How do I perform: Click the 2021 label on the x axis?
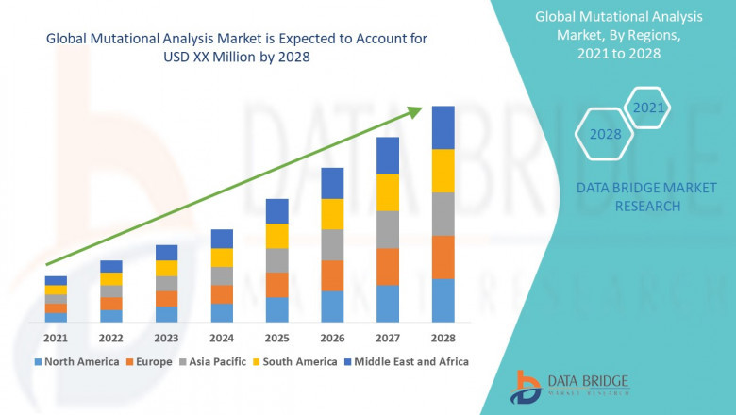click(x=56, y=338)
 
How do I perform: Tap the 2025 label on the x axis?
click(x=276, y=338)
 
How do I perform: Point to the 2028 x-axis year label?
click(x=443, y=338)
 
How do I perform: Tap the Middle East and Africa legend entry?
click(x=411, y=361)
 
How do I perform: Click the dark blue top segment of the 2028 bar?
click(x=443, y=127)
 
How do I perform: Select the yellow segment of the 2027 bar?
click(x=387, y=192)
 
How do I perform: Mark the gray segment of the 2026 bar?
click(x=332, y=244)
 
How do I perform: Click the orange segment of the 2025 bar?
click(x=276, y=285)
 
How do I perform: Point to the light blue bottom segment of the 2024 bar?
click(x=222, y=312)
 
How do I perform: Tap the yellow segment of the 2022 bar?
click(x=111, y=278)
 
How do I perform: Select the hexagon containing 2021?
click(x=648, y=108)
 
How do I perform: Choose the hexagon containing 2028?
click(x=605, y=134)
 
